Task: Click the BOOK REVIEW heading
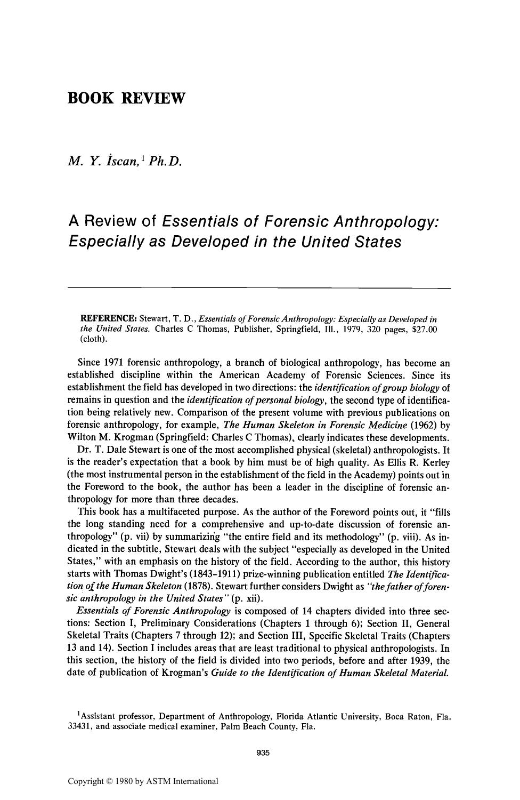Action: pyautogui.click(x=126, y=99)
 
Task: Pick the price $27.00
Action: pyautogui.click(x=425, y=329)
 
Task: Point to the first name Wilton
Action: pyautogui.click(x=81, y=438)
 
